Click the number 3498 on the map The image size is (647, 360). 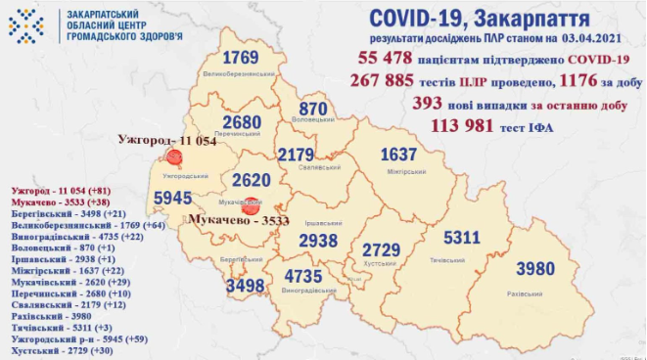(244, 286)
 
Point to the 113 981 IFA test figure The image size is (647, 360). (463, 125)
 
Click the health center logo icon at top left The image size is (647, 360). (26, 21)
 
